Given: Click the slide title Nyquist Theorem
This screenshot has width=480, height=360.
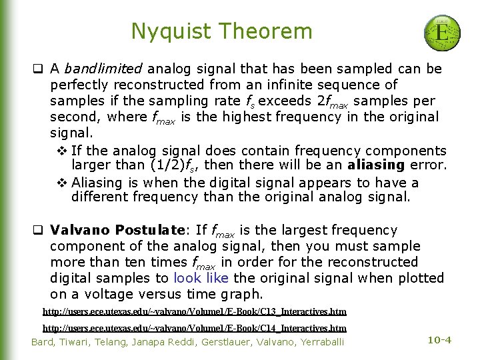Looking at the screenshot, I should (221, 31).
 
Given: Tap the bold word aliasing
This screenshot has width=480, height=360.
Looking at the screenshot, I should (381, 165).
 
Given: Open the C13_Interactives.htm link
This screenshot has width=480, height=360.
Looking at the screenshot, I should (194, 311).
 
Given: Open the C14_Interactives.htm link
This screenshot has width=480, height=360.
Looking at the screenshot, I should (194, 328).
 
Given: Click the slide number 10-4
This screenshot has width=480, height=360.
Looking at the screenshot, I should (439, 340).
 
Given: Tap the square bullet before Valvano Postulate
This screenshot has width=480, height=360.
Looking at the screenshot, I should (39, 231).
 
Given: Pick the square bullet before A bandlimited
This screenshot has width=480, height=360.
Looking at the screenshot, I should (39, 69).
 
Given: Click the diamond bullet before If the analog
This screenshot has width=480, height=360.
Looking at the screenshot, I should (61, 151).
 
